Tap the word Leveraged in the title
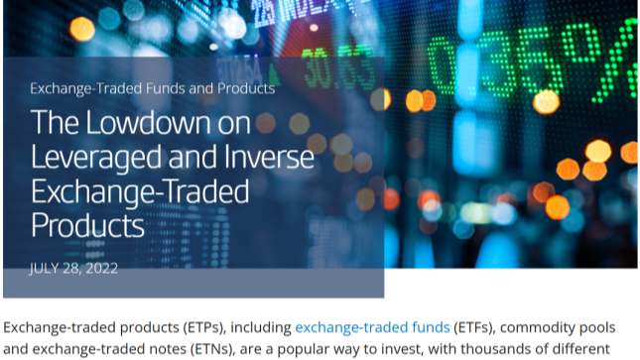click(x=96, y=158)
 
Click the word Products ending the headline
click(x=87, y=225)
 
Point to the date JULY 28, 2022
click(x=73, y=268)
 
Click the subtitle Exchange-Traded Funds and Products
click(x=152, y=88)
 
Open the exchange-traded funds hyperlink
click(x=372, y=327)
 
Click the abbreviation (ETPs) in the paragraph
click(x=204, y=327)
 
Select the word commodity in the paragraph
click(x=537, y=327)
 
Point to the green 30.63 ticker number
click(x=337, y=68)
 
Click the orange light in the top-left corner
click(x=82, y=29)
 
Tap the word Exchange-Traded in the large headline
click(x=140, y=192)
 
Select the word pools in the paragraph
click(x=596, y=327)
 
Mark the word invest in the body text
click(x=402, y=349)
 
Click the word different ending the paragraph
click(x=580, y=349)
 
